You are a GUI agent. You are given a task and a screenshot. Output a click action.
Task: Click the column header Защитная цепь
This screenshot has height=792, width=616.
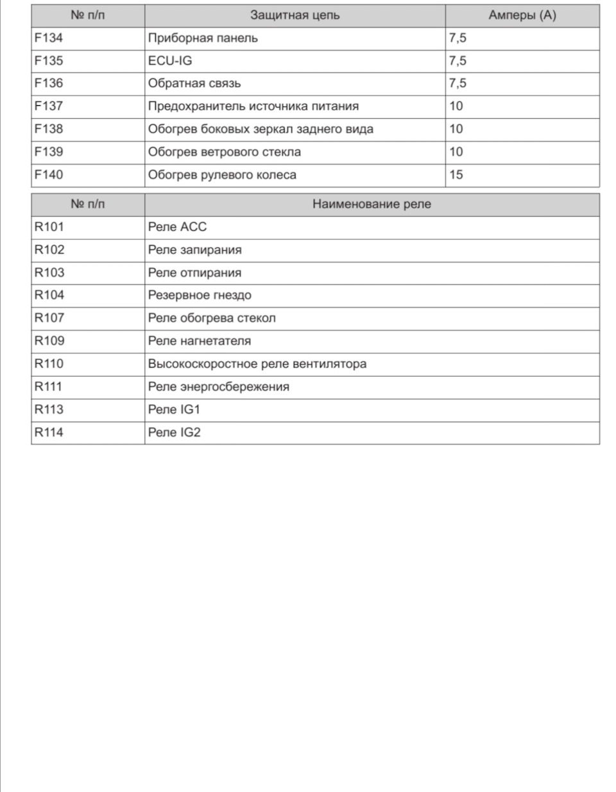[x=295, y=15]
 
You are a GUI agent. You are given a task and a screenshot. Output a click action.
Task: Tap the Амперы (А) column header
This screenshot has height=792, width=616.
[x=522, y=15]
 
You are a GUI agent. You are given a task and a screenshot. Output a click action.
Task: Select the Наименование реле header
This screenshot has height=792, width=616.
[x=372, y=204]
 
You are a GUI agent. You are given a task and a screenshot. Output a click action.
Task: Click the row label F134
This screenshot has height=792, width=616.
[x=49, y=38]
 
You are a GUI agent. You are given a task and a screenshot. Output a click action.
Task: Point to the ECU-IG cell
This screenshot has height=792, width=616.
[x=170, y=61]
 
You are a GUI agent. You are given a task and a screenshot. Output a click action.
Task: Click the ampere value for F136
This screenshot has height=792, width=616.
[x=458, y=83]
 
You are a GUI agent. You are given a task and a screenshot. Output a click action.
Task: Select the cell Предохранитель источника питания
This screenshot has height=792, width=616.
[x=253, y=106]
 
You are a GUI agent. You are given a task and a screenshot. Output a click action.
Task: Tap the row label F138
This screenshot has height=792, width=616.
[x=49, y=129]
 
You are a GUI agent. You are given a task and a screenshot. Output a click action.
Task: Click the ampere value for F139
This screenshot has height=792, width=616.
[x=456, y=152]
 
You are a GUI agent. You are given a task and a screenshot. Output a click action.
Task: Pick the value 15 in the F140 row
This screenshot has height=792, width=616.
[x=456, y=174]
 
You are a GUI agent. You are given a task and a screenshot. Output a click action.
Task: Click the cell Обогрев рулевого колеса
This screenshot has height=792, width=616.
[x=222, y=174]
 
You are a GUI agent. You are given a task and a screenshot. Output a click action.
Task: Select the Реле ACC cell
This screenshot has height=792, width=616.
[x=177, y=227]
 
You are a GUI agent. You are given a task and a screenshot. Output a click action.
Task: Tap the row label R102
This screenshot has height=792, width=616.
[x=49, y=249]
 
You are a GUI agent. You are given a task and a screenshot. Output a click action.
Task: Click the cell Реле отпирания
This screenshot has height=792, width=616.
[x=194, y=273]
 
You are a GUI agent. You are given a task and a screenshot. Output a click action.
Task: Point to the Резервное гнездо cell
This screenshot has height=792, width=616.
[x=200, y=295]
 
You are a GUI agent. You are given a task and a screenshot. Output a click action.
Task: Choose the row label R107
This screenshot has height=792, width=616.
[x=49, y=318]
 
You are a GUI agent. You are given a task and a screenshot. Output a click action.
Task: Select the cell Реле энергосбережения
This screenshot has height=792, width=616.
[x=218, y=387]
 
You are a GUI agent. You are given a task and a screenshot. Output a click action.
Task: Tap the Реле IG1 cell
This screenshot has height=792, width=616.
[x=174, y=409]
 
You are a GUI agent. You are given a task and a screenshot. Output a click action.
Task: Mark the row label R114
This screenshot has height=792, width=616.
[x=49, y=432]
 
